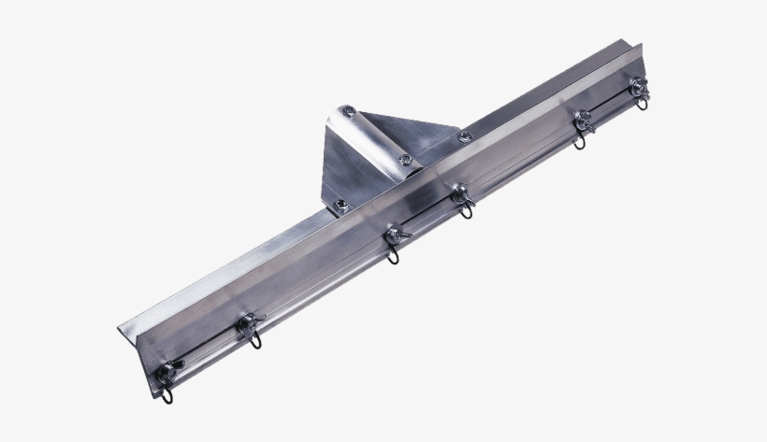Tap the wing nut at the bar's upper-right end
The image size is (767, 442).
coord(639,89)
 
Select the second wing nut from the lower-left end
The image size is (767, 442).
coord(248,322)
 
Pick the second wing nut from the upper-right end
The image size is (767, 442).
coord(582,119)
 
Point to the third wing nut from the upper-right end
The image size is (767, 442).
coord(459,194)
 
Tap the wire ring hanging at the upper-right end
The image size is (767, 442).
coord(642,101)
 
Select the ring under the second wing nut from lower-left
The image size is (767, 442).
coord(254,338)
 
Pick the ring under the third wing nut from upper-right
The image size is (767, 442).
coord(465,210)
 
